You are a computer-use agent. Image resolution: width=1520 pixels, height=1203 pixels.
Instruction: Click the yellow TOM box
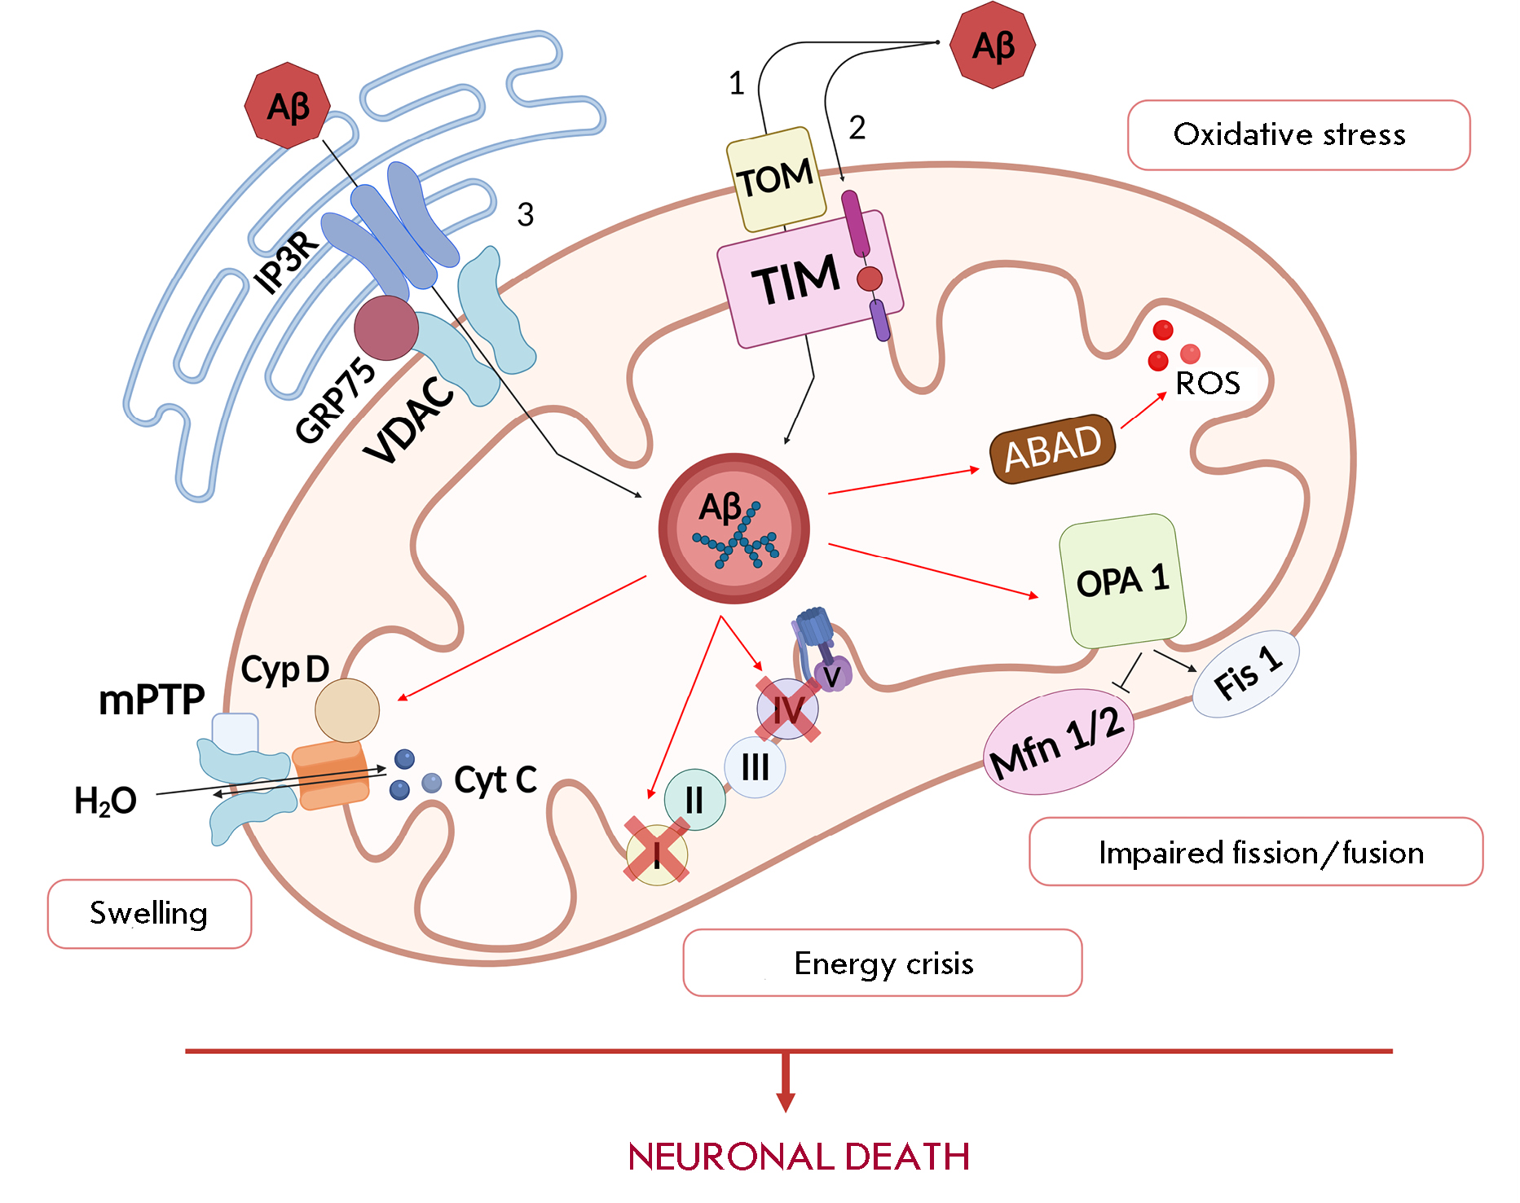(x=775, y=179)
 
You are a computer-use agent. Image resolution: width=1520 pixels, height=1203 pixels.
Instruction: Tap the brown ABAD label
(x=1052, y=448)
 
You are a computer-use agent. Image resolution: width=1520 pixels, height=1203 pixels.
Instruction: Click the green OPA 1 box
(x=1122, y=581)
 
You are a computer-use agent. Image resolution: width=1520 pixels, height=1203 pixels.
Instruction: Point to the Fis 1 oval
(x=1245, y=674)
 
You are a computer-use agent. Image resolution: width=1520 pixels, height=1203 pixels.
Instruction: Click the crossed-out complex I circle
(x=657, y=854)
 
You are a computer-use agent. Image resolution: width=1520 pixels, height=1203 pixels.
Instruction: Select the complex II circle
(x=694, y=800)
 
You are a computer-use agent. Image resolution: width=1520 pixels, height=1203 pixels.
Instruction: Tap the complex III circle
(x=755, y=767)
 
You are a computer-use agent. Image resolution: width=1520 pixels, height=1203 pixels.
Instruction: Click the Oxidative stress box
(x=1298, y=135)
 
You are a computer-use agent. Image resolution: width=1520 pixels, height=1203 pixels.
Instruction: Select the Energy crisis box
(x=882, y=963)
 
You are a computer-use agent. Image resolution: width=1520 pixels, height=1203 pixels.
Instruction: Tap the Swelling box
(x=149, y=914)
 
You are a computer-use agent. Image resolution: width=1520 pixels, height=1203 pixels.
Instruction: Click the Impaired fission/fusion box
(x=1255, y=852)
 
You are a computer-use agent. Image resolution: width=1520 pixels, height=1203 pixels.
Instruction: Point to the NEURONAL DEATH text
(x=799, y=1157)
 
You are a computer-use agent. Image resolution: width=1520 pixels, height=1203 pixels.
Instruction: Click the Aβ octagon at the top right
(x=993, y=46)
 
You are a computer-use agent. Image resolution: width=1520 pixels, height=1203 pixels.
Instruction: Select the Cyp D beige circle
(x=347, y=710)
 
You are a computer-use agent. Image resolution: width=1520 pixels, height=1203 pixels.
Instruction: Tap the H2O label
(x=105, y=801)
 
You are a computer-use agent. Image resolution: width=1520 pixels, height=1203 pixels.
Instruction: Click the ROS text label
(x=1208, y=383)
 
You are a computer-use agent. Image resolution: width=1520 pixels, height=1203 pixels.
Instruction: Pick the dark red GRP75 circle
(x=386, y=327)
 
